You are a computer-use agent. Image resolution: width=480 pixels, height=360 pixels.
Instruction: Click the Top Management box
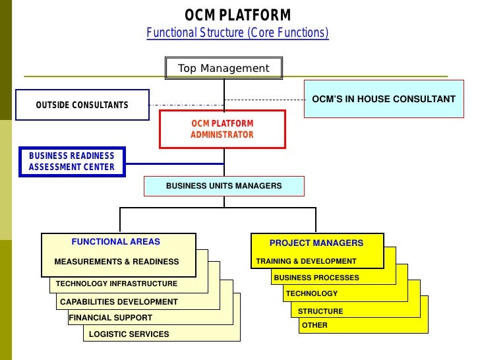(x=224, y=69)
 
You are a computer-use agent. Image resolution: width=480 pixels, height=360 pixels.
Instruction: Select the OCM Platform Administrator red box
(x=222, y=129)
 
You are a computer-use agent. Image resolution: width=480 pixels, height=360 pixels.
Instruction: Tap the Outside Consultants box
(x=82, y=105)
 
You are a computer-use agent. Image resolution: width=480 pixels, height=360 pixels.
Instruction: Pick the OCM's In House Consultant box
(x=383, y=99)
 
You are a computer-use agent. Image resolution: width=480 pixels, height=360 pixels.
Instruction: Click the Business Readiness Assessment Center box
(x=71, y=161)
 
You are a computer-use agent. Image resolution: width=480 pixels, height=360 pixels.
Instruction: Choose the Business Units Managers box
(x=224, y=186)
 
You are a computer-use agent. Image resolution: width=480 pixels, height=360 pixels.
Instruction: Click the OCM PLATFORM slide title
(x=237, y=15)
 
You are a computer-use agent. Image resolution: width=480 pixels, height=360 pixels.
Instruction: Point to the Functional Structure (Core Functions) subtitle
(x=237, y=33)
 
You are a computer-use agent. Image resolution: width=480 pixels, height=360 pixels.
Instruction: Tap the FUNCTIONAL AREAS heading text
(x=115, y=241)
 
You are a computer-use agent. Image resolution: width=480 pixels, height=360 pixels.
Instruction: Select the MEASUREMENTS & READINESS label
(x=116, y=262)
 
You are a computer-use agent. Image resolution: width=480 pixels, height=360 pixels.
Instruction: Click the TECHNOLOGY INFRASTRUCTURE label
(x=117, y=284)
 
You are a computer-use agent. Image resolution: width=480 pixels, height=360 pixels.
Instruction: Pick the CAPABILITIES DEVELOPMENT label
(x=119, y=302)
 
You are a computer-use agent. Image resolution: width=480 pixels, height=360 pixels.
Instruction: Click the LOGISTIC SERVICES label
(x=129, y=334)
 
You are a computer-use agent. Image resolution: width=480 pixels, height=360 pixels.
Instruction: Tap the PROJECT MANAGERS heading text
(x=316, y=243)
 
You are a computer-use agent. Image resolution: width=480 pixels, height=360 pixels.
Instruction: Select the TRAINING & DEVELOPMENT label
(x=306, y=261)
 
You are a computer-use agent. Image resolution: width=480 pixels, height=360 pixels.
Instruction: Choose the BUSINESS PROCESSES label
(x=316, y=278)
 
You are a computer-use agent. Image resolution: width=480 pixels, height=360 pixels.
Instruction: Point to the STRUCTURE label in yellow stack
(x=320, y=311)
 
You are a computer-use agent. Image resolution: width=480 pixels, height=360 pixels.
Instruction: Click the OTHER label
(x=314, y=325)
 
